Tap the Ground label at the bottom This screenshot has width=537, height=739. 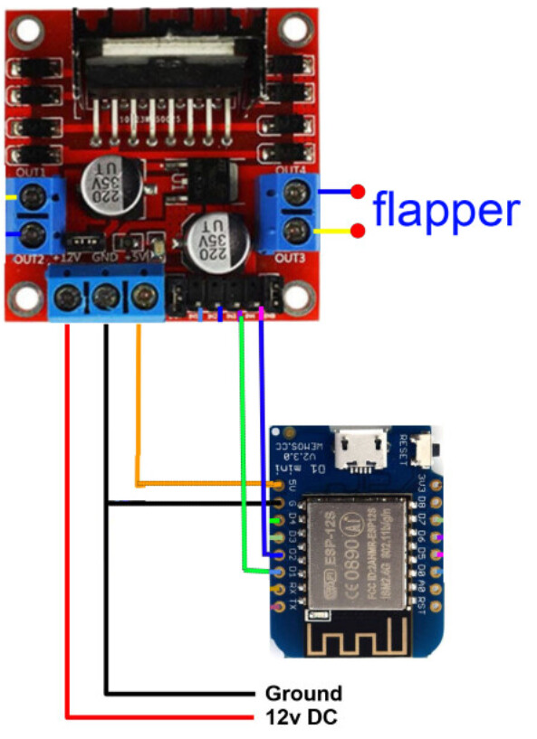coord(302,694)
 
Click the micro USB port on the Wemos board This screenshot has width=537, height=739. coord(360,451)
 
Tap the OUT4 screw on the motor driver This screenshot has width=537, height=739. coord(295,193)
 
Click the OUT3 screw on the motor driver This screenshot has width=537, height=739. coord(295,232)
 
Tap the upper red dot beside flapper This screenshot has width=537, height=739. coord(359,192)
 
